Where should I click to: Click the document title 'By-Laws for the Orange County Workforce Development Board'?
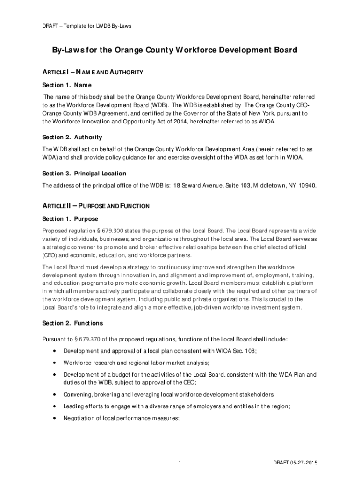pyautogui.click(x=171, y=50)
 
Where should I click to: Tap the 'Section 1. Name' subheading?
pyautogui.click(x=67, y=85)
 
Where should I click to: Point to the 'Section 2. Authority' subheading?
pyautogui.click(x=72, y=137)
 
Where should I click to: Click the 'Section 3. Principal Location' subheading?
pyautogui.click(x=84, y=174)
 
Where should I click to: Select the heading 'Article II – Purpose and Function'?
pyautogui.click(x=96, y=206)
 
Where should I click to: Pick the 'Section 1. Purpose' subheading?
pyautogui.click(x=70, y=219)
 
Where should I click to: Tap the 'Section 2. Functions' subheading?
pyautogui.click(x=72, y=323)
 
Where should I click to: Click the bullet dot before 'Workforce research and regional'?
pyautogui.click(x=55, y=363)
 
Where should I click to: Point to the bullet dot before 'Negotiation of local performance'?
pyautogui.click(x=55, y=419)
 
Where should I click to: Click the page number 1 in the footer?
pyautogui.click(x=180, y=463)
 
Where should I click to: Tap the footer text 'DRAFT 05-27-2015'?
pyautogui.click(x=295, y=463)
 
